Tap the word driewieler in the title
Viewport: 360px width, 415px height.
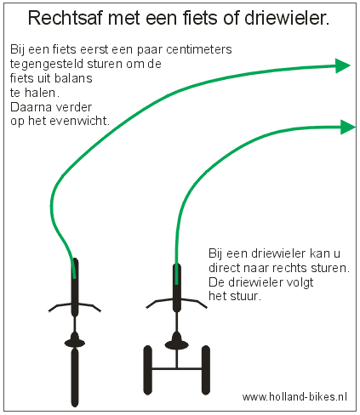point(286,18)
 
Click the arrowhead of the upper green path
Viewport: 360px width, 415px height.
point(343,65)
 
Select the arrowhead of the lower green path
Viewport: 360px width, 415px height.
point(348,127)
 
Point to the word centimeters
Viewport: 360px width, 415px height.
point(199,49)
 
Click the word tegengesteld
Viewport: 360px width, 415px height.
point(47,65)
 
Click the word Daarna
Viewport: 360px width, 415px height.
point(29,107)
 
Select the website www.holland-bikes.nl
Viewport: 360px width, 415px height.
point(294,396)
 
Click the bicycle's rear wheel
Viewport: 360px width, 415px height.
point(75,377)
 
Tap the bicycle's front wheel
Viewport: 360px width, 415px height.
point(75,287)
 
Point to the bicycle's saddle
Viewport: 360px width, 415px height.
point(75,340)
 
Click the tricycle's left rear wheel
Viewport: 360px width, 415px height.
point(147,370)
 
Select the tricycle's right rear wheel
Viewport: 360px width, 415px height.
point(206,370)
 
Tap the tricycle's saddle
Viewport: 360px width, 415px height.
point(177,342)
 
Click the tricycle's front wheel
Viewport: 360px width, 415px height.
point(177,287)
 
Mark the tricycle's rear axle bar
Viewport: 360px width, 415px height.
point(177,368)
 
